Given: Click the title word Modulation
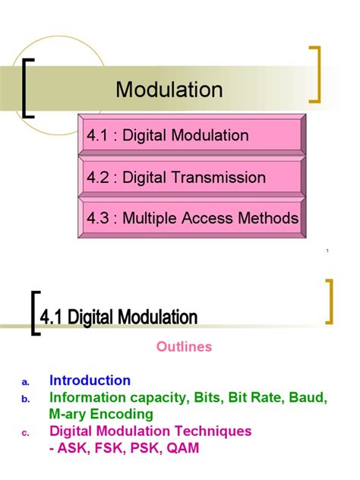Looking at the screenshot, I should pos(169,90).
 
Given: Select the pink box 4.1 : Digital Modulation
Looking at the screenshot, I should pos(190,135).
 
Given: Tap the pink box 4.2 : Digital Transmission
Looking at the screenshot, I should pos(190,178).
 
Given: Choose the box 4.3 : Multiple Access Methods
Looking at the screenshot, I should pos(190,219).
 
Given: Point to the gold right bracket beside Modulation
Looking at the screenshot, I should pos(316,74).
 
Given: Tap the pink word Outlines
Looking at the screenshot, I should pos(184,346).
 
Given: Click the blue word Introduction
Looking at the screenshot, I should pos(90,381).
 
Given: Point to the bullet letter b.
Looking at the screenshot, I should pos(25,399).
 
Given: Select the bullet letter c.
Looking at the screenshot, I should pos(25,434).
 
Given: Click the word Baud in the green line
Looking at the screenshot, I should pos(308,397).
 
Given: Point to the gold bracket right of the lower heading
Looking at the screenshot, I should pos(330,302).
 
